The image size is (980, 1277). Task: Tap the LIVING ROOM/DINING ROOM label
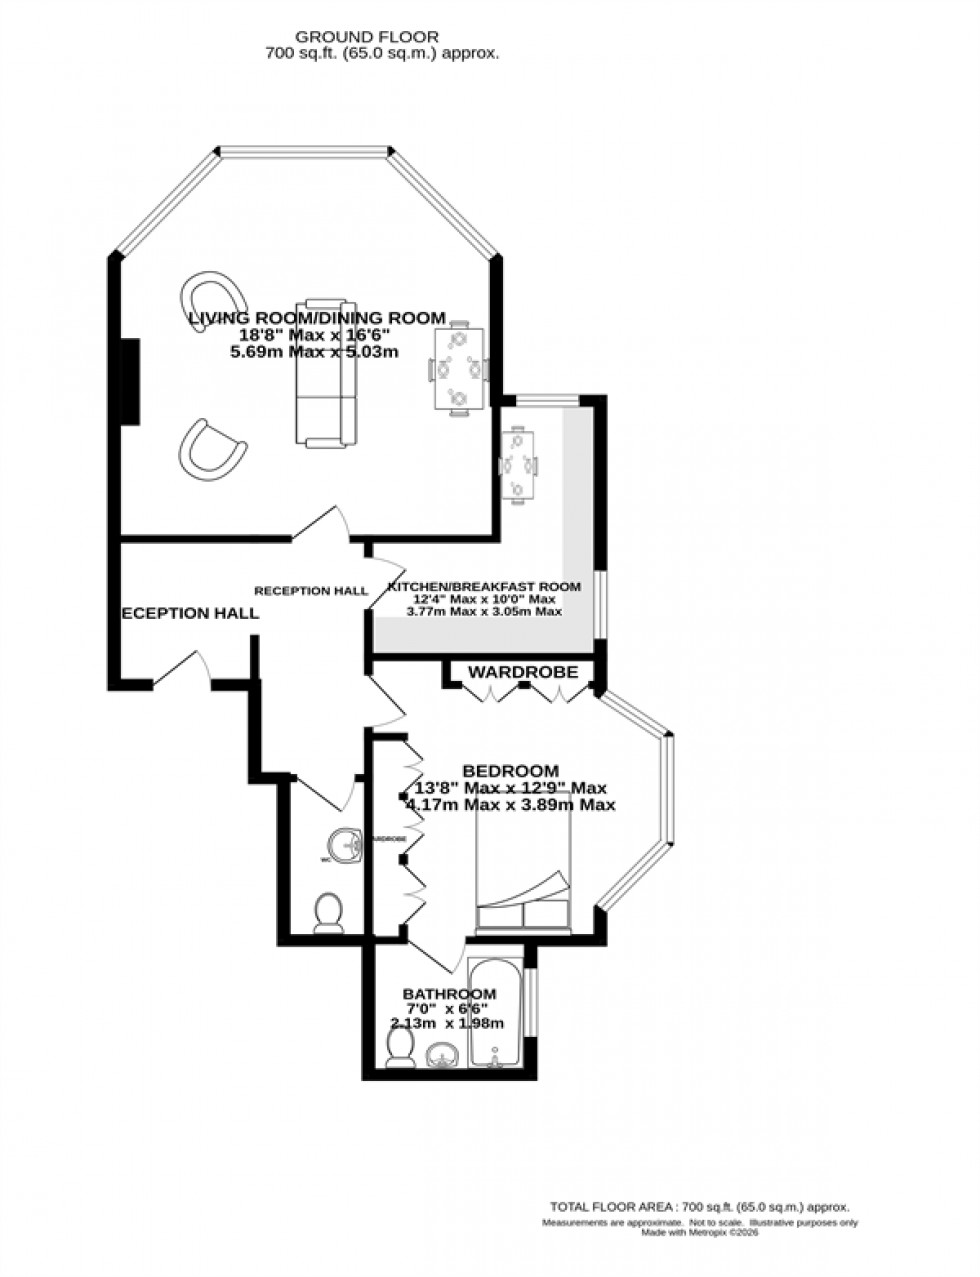[x=317, y=318]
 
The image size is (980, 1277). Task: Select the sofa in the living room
[x=325, y=372]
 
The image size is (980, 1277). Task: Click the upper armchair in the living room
[x=213, y=298]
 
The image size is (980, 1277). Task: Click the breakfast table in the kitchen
[x=518, y=465]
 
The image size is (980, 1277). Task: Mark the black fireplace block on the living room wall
[x=129, y=381]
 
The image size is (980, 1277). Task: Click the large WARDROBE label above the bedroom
[x=524, y=672]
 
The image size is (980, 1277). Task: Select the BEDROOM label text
[x=509, y=770]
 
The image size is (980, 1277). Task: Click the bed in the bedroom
[x=523, y=865]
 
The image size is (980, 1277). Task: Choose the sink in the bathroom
[x=444, y=1055]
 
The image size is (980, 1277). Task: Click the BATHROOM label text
[x=449, y=994]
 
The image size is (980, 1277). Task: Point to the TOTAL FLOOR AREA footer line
[x=699, y=1207]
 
